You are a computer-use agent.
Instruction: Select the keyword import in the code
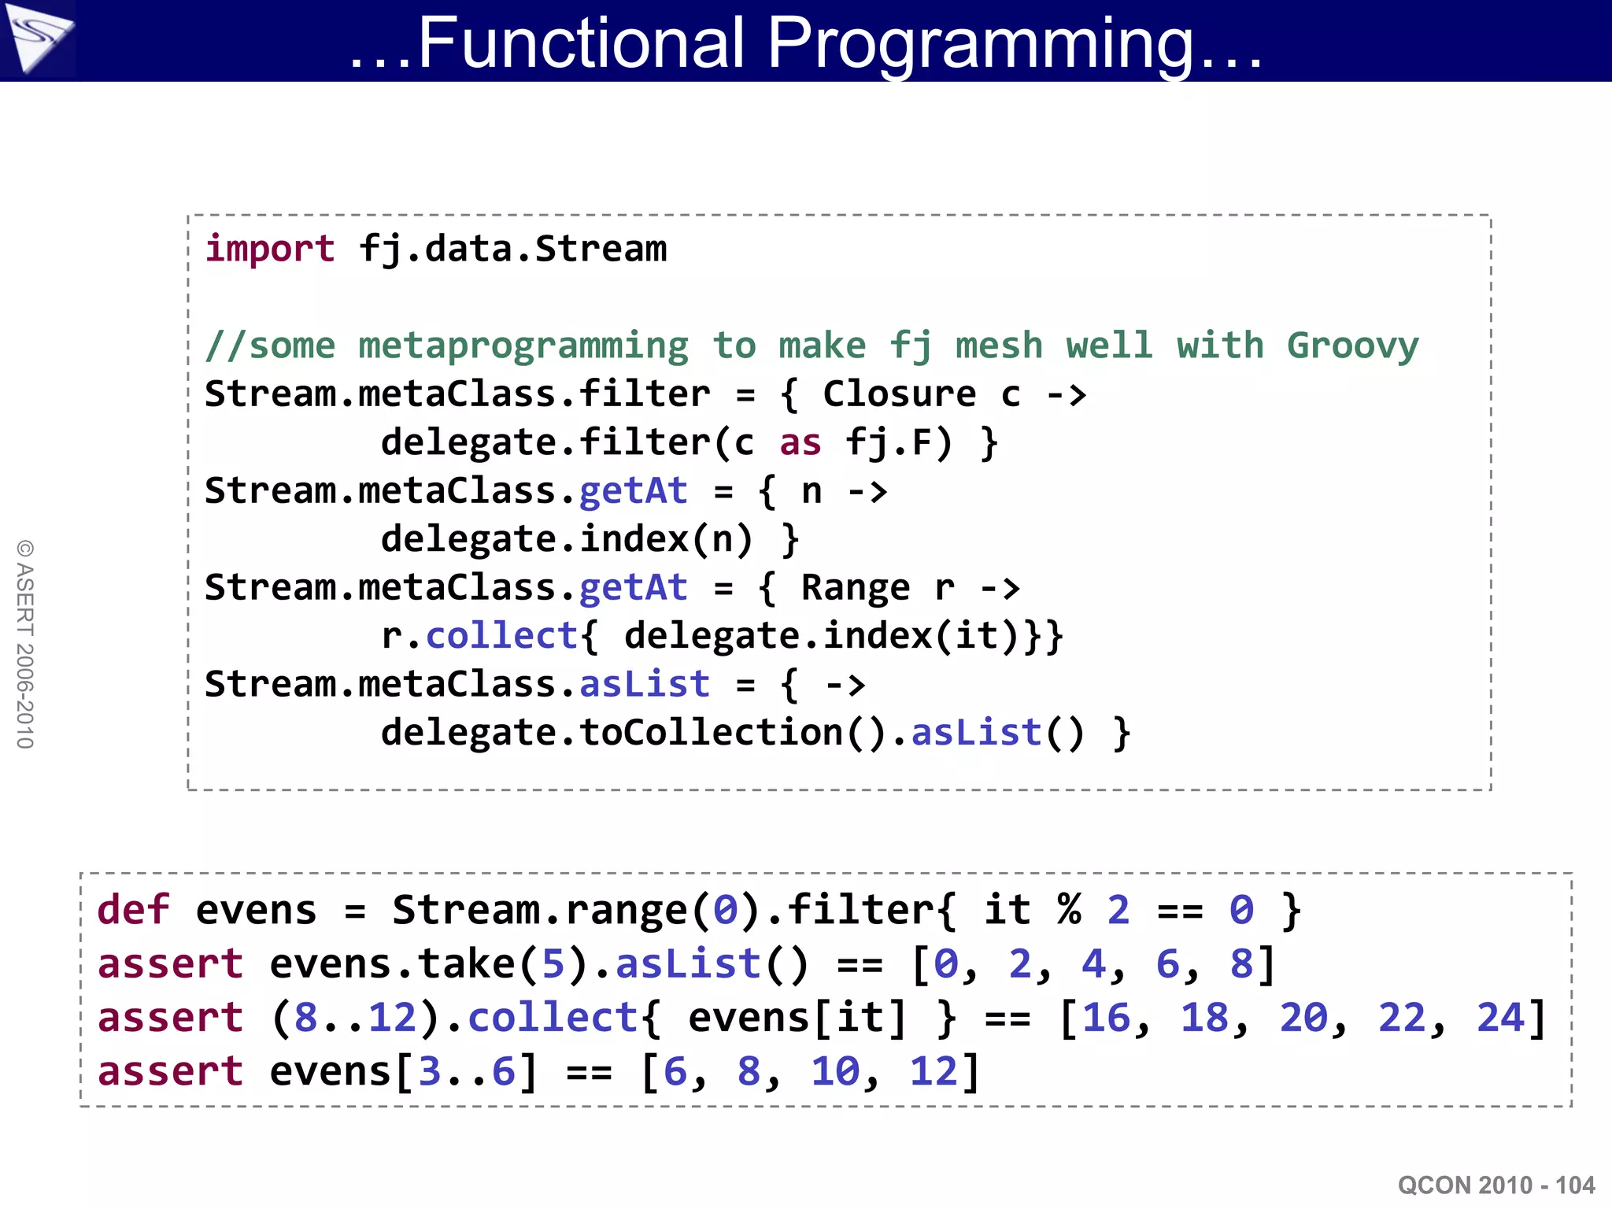point(270,249)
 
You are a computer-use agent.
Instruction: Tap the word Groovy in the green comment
point(1352,346)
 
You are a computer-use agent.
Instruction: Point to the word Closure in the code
point(899,394)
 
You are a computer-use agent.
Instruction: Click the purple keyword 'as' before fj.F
point(800,442)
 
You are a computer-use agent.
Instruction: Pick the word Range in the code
point(855,587)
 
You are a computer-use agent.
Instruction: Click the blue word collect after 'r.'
point(502,636)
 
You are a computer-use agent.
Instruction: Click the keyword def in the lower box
point(132,910)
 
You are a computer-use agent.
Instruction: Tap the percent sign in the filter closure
point(1069,910)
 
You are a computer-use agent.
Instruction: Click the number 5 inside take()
point(553,964)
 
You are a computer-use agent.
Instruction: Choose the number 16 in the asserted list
point(1106,1018)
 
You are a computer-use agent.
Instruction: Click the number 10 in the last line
point(835,1071)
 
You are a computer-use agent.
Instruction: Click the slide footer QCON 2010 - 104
point(1496,1185)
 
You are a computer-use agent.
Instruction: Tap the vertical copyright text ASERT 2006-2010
point(25,644)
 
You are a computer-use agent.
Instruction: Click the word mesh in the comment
point(998,346)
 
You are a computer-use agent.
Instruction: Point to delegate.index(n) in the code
point(567,539)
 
